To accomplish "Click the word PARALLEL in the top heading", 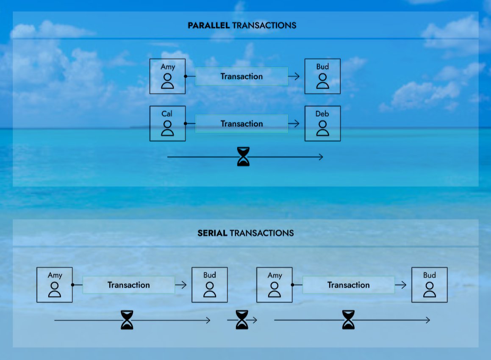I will pyautogui.click(x=209, y=25).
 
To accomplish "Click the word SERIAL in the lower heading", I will pyautogui.click(x=212, y=233).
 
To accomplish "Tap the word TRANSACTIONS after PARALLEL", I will pyautogui.click(x=264, y=25).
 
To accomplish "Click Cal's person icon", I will pyautogui.click(x=167, y=128).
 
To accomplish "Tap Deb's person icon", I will pyautogui.click(x=322, y=128).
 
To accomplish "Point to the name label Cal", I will pyautogui.click(x=167, y=114).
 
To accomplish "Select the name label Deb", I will pyautogui.click(x=322, y=114).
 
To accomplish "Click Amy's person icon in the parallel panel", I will pyautogui.click(x=167, y=80).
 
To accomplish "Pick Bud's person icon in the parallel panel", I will pyautogui.click(x=322, y=80).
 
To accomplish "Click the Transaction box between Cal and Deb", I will pyautogui.click(x=241, y=124).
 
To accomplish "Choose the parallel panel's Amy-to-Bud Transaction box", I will pyautogui.click(x=241, y=77).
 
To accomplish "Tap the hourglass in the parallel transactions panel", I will pyautogui.click(x=243, y=157).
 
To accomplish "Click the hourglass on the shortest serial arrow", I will pyautogui.click(x=242, y=320).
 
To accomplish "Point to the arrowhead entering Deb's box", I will pyautogui.click(x=297, y=124).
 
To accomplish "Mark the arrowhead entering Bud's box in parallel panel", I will pyautogui.click(x=297, y=77).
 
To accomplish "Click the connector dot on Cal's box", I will pyautogui.click(x=186, y=124).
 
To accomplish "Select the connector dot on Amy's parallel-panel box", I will pyautogui.click(x=186, y=77).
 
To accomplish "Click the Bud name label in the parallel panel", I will pyautogui.click(x=322, y=67).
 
